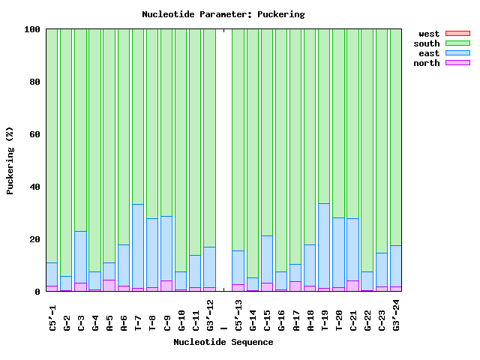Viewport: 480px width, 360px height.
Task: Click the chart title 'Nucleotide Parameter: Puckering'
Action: point(223,14)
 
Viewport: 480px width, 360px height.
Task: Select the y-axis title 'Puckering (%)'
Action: point(10,160)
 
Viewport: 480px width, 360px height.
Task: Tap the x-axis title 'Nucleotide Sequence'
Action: point(223,342)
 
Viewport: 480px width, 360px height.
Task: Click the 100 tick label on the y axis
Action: point(31,29)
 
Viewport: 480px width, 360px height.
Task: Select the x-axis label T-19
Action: point(325,315)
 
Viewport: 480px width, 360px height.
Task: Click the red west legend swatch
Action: point(457,34)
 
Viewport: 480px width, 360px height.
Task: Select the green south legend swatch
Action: point(457,43)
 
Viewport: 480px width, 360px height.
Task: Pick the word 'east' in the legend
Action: point(428,53)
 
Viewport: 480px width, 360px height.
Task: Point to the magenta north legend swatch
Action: point(457,63)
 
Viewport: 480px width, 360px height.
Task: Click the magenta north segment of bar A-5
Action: point(109,285)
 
